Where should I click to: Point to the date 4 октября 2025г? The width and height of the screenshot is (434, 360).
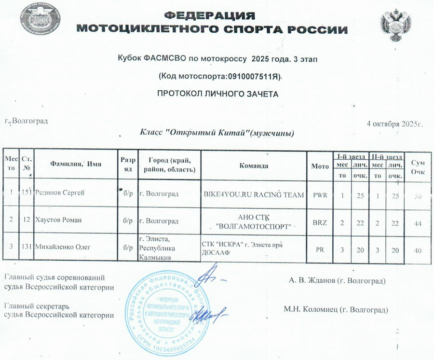(x=395, y=124)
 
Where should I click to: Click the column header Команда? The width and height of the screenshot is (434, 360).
(x=253, y=165)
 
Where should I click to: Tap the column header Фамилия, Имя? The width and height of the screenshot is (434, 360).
(x=76, y=165)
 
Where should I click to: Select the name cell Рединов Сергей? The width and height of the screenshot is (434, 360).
(x=60, y=194)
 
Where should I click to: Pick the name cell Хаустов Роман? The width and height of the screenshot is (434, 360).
(x=58, y=220)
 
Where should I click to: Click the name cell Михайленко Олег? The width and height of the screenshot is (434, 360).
(x=62, y=248)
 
